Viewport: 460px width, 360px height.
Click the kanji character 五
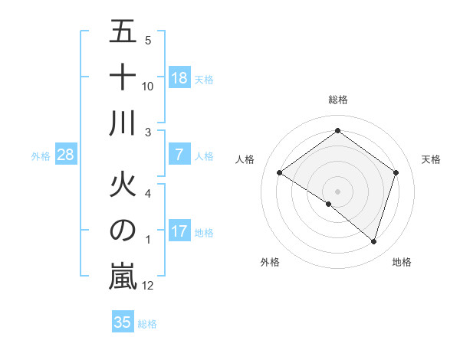point(123,31)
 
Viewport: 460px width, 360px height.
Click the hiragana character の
point(123,231)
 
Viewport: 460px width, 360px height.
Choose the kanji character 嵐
point(123,277)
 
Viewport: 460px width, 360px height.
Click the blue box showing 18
point(179,78)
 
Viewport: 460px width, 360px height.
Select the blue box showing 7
point(179,155)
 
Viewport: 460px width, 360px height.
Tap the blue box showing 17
point(179,231)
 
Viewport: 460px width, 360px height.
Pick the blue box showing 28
point(66,155)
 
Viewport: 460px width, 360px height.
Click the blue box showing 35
point(123,322)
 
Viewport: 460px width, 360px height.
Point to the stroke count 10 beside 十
point(148,87)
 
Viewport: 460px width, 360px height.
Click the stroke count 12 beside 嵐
point(148,286)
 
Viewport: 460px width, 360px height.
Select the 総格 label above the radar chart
point(337,100)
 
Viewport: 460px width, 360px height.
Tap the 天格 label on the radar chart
point(432,159)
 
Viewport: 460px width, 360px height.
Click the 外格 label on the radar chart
point(270,262)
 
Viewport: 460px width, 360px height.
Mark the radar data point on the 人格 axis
point(280,173)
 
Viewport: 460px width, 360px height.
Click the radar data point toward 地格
point(373,241)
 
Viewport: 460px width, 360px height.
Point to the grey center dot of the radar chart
point(337,191)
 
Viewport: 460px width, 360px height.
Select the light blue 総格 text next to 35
point(147,324)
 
